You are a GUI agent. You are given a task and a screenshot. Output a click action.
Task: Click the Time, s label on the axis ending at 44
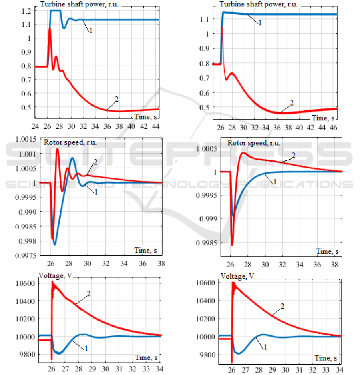click(146, 116)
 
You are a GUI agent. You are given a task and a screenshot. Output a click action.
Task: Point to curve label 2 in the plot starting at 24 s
click(117, 98)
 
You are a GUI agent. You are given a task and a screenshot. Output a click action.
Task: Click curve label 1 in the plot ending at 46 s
click(260, 23)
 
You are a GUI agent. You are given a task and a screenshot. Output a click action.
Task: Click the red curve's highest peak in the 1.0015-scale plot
click(58, 149)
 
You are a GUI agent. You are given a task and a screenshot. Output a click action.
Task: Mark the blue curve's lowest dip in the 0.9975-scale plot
click(55, 244)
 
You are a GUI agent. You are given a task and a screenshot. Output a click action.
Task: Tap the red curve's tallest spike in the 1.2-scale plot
click(50, 28)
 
